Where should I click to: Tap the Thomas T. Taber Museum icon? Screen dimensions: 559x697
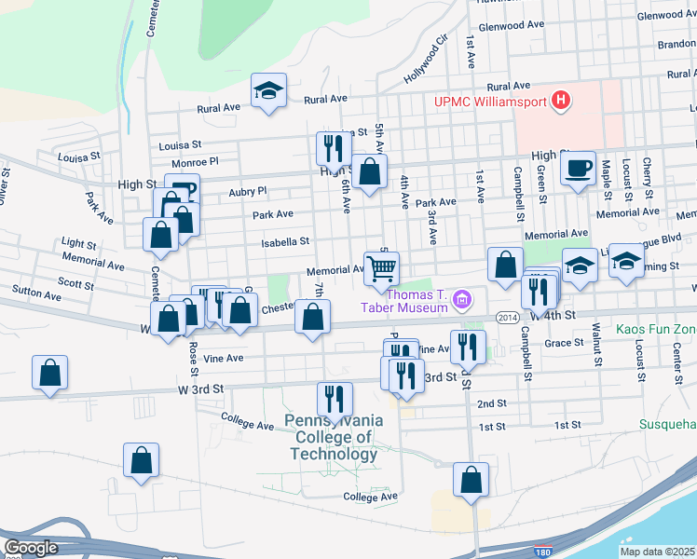click(x=462, y=300)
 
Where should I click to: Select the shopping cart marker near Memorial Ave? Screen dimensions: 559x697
click(x=382, y=268)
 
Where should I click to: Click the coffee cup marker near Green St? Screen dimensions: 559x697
click(x=579, y=169)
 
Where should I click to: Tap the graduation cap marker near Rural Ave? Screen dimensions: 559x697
click(x=268, y=91)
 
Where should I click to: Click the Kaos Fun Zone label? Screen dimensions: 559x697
click(x=656, y=330)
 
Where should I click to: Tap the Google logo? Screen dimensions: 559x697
click(x=31, y=548)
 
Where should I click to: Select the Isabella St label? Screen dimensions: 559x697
click(x=286, y=241)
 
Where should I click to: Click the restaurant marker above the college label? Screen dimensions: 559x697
click(x=335, y=398)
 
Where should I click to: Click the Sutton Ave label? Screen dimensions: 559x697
click(x=36, y=294)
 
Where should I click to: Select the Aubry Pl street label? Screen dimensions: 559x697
click(x=247, y=191)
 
